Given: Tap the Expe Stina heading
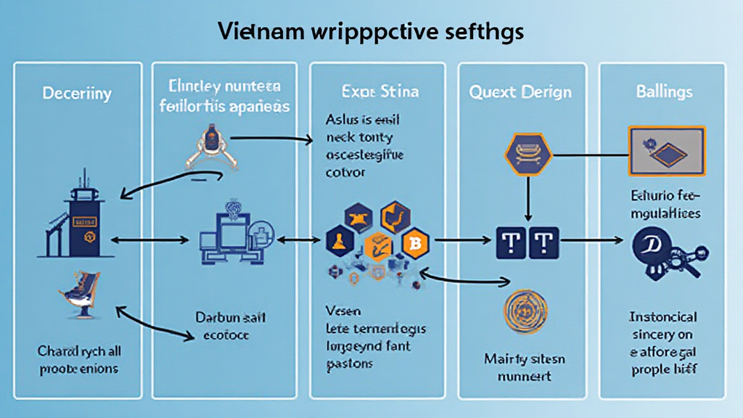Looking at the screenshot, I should (377, 92).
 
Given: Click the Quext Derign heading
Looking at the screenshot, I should (520, 92).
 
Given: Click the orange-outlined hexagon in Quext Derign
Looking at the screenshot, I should (528, 155).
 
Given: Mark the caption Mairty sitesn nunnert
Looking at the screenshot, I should (525, 366).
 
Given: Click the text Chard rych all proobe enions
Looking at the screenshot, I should (78, 359).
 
